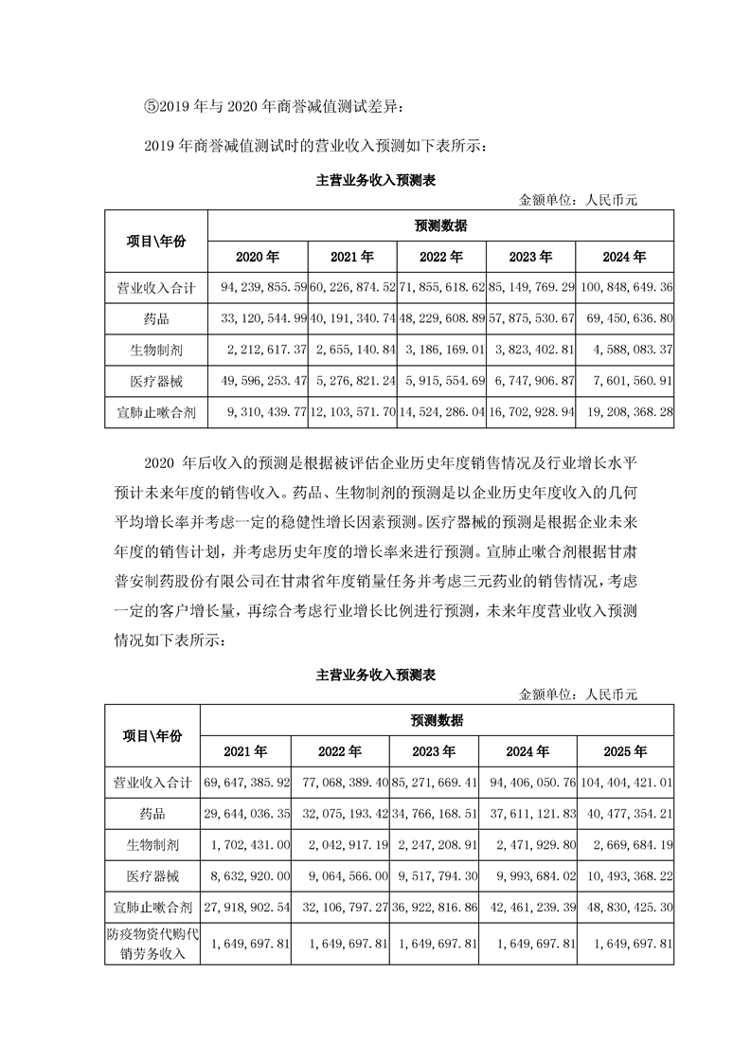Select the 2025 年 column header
(624, 751)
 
